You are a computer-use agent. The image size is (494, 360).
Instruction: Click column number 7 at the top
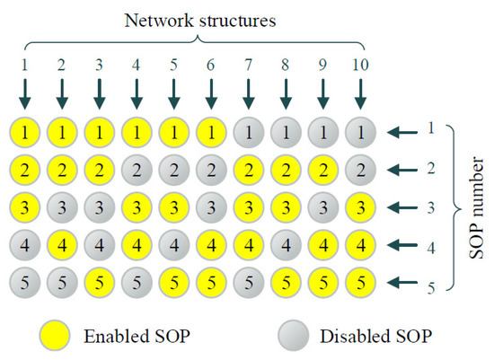(x=248, y=66)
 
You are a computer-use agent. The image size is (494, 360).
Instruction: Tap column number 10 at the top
(x=360, y=66)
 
